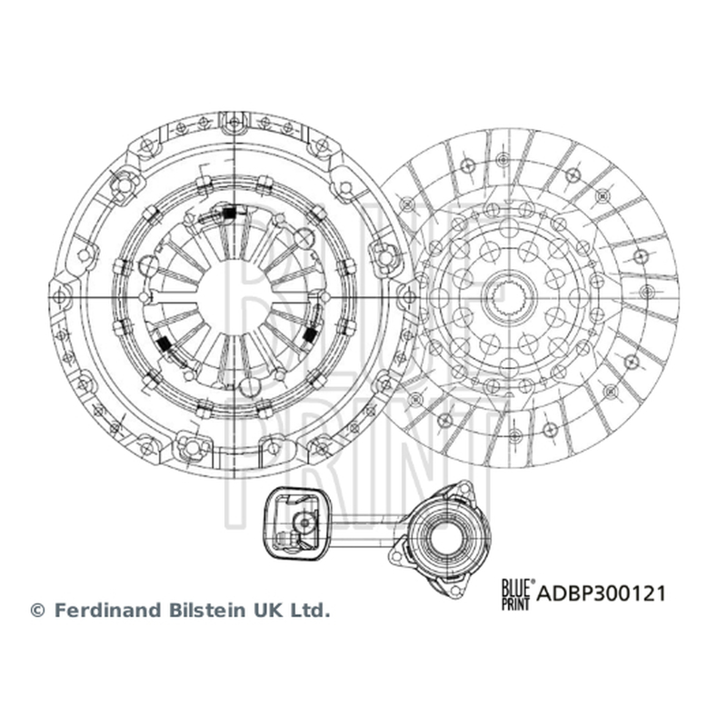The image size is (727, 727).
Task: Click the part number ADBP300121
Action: (x=601, y=593)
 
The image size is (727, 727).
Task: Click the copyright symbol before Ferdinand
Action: (x=37, y=610)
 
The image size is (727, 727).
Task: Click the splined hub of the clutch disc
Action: (x=509, y=296)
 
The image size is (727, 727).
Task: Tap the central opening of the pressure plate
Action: (x=234, y=296)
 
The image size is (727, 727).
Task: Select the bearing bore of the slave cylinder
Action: (x=445, y=538)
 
